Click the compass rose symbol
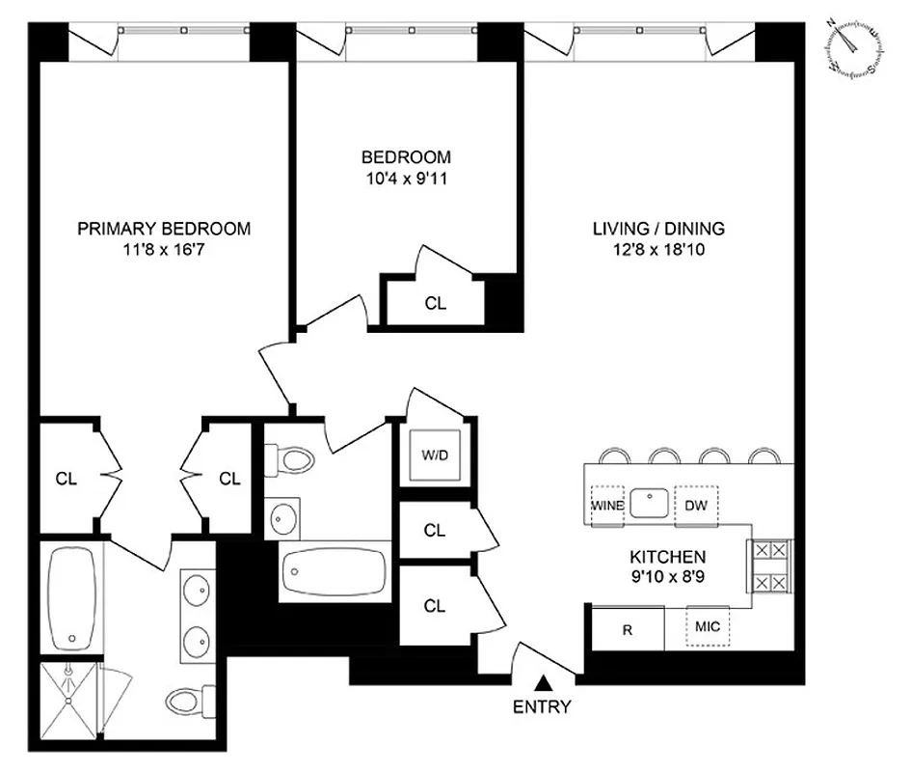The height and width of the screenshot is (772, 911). [x=853, y=47]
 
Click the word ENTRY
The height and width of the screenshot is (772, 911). [x=541, y=707]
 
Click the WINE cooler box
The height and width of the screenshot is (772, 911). [x=607, y=506]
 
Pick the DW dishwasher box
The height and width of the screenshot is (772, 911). [x=696, y=506]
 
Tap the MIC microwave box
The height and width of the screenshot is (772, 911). [x=709, y=628]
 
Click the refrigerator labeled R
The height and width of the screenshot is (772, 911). [x=627, y=630]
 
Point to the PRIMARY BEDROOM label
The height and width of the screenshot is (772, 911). [x=164, y=229]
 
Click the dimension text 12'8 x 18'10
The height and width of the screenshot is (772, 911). [x=658, y=249]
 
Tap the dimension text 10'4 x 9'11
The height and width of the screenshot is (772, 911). [x=406, y=177]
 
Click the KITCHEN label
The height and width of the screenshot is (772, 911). [x=668, y=557]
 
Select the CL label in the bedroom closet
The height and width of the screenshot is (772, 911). [x=436, y=303]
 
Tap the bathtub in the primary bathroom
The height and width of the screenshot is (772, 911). [x=70, y=598]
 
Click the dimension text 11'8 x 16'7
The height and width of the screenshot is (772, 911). [x=164, y=249]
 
